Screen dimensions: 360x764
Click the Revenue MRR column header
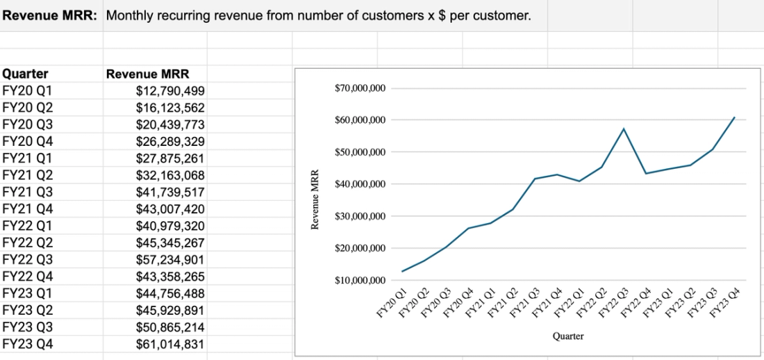coord(147,74)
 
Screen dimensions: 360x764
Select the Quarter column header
coord(26,74)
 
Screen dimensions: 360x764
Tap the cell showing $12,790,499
coord(170,91)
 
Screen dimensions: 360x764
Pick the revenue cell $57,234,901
coord(170,260)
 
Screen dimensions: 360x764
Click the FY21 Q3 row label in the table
coord(28,193)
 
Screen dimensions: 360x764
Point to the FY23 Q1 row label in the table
coord(28,294)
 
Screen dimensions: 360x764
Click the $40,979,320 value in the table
coord(170,227)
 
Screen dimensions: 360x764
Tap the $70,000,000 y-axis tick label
coord(360,89)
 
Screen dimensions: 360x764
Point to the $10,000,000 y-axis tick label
coord(360,281)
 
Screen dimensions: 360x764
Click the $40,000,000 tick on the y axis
coord(360,184)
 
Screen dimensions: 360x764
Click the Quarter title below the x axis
coord(568,336)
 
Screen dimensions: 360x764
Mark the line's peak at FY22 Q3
coord(624,129)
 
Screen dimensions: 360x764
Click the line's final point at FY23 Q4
coord(735,117)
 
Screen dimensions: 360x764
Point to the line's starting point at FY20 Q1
coord(401,272)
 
